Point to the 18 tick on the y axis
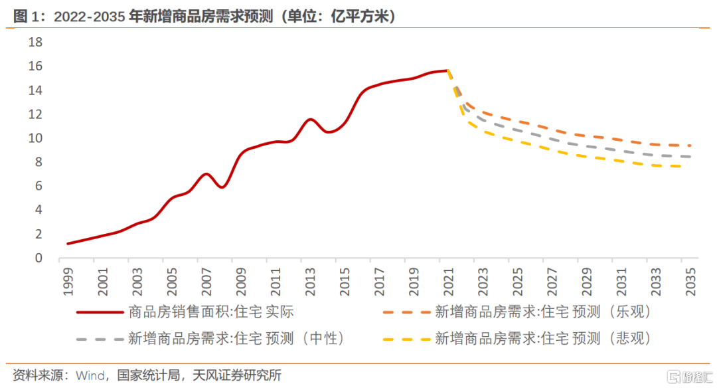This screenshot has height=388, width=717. pyautogui.click(x=35, y=43)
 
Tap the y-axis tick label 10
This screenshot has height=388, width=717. pyautogui.click(x=35, y=138)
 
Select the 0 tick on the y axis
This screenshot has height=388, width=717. pyautogui.click(x=39, y=258)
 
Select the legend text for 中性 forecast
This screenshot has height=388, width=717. pyautogui.click(x=238, y=338)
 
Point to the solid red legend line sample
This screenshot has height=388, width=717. pyautogui.click(x=100, y=312)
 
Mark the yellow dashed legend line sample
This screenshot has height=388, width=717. pyautogui.click(x=406, y=339)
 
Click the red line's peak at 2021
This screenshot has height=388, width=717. pyautogui.click(x=448, y=70)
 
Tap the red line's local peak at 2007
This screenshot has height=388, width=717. pyautogui.click(x=206, y=174)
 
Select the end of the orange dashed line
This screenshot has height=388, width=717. pyautogui.click(x=690, y=145)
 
